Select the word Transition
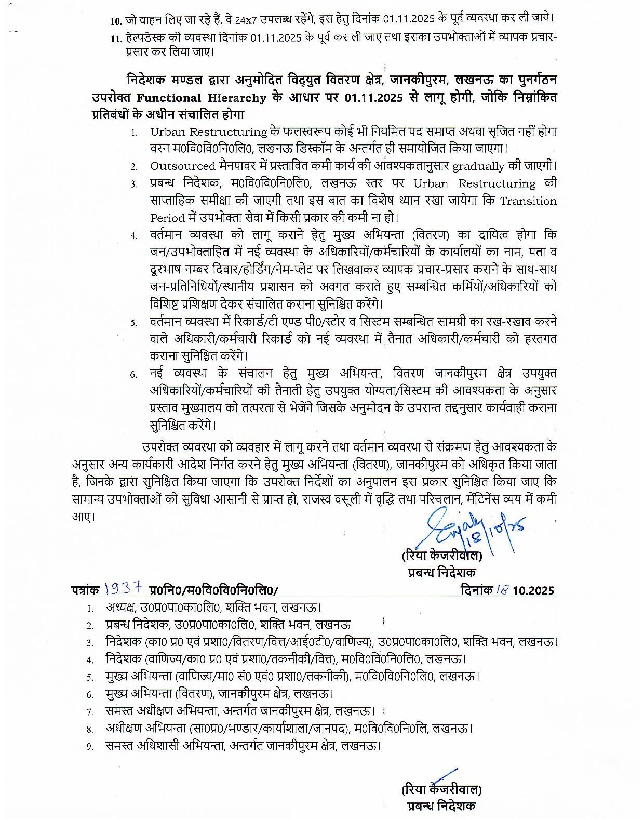coord(528,201)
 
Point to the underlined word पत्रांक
coord(86,590)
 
